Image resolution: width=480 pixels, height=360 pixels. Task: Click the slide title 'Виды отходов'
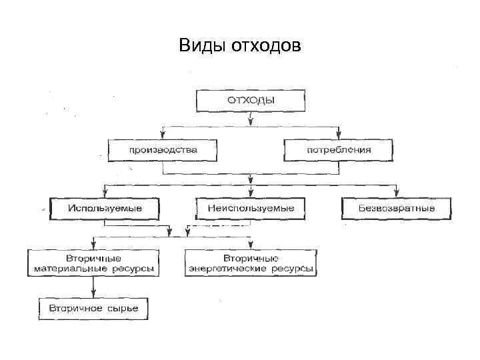click(240, 46)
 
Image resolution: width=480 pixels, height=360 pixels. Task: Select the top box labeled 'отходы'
click(250, 101)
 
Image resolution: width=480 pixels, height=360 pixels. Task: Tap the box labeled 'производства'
click(163, 150)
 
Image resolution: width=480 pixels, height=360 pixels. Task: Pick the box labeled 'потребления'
click(338, 150)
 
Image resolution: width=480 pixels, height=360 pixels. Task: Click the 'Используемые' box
click(105, 209)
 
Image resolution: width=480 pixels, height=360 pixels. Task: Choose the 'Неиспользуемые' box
click(250, 209)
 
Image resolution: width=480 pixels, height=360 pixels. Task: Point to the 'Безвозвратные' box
click(397, 209)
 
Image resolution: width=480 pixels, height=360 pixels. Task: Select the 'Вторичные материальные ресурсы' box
click(94, 263)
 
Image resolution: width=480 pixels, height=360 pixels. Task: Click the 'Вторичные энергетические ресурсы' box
click(251, 263)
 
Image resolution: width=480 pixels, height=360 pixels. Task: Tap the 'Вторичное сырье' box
click(94, 308)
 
